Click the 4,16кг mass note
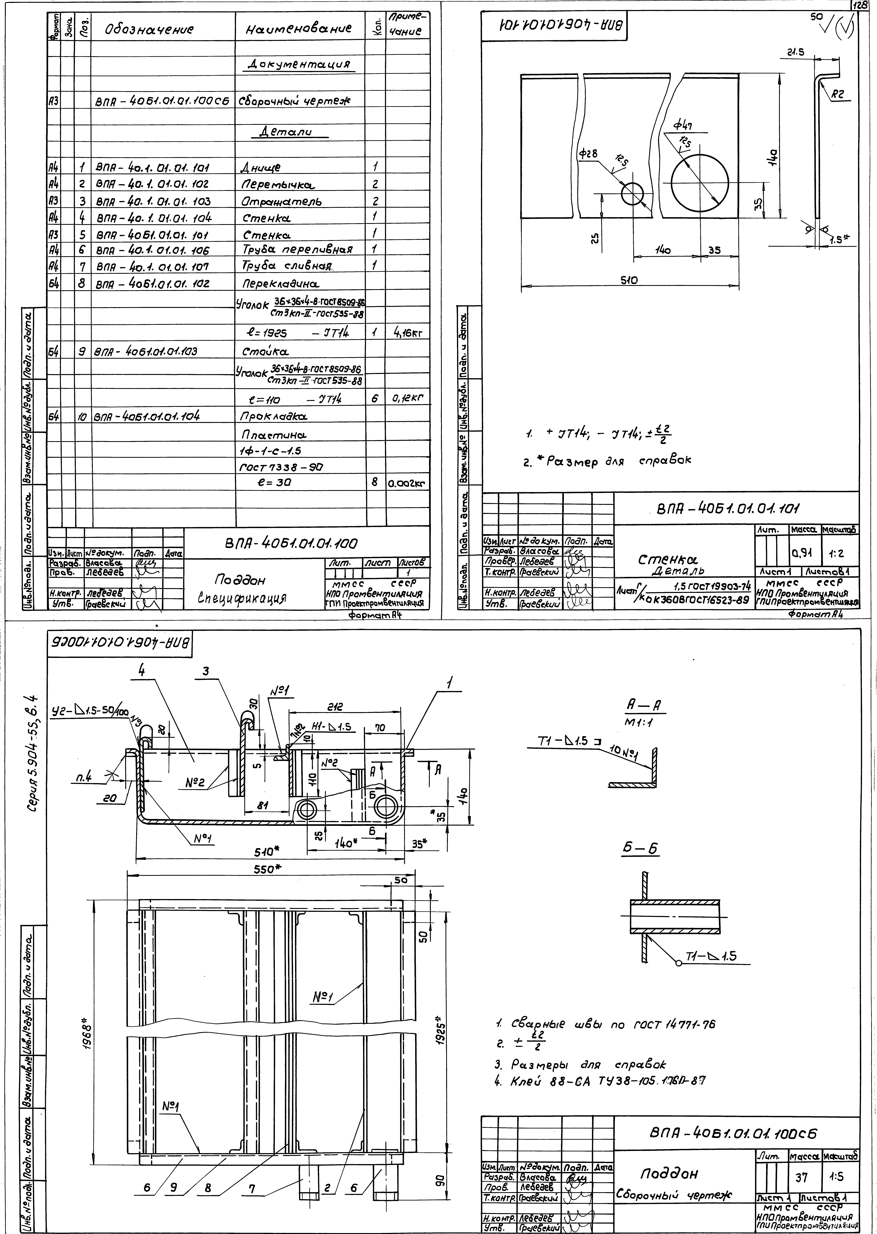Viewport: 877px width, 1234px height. (x=408, y=333)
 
